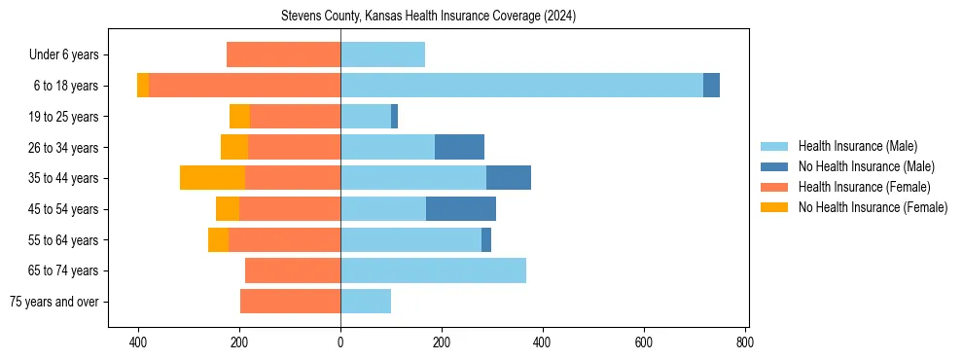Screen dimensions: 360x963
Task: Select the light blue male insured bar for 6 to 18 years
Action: click(x=521, y=86)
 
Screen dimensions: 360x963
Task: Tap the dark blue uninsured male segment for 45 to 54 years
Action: click(x=461, y=209)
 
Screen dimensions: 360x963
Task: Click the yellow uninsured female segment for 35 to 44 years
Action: click(x=212, y=178)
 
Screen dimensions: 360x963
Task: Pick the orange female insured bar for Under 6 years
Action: click(x=283, y=54)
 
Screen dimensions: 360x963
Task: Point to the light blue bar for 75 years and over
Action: click(x=366, y=302)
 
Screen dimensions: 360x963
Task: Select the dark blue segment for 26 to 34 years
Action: click(x=459, y=147)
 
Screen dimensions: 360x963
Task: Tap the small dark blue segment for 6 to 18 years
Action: click(x=711, y=86)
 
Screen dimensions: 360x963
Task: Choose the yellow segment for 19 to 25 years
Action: click(x=239, y=117)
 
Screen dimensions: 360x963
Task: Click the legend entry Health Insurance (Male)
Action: click(x=857, y=146)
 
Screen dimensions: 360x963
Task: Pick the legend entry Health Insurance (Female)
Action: click(x=864, y=187)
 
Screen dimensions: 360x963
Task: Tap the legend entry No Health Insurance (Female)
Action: click(x=872, y=207)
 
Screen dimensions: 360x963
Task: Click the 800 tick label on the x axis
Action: click(x=744, y=342)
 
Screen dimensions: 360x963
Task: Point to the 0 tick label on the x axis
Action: click(x=340, y=342)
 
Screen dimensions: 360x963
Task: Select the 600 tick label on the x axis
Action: click(x=643, y=342)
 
